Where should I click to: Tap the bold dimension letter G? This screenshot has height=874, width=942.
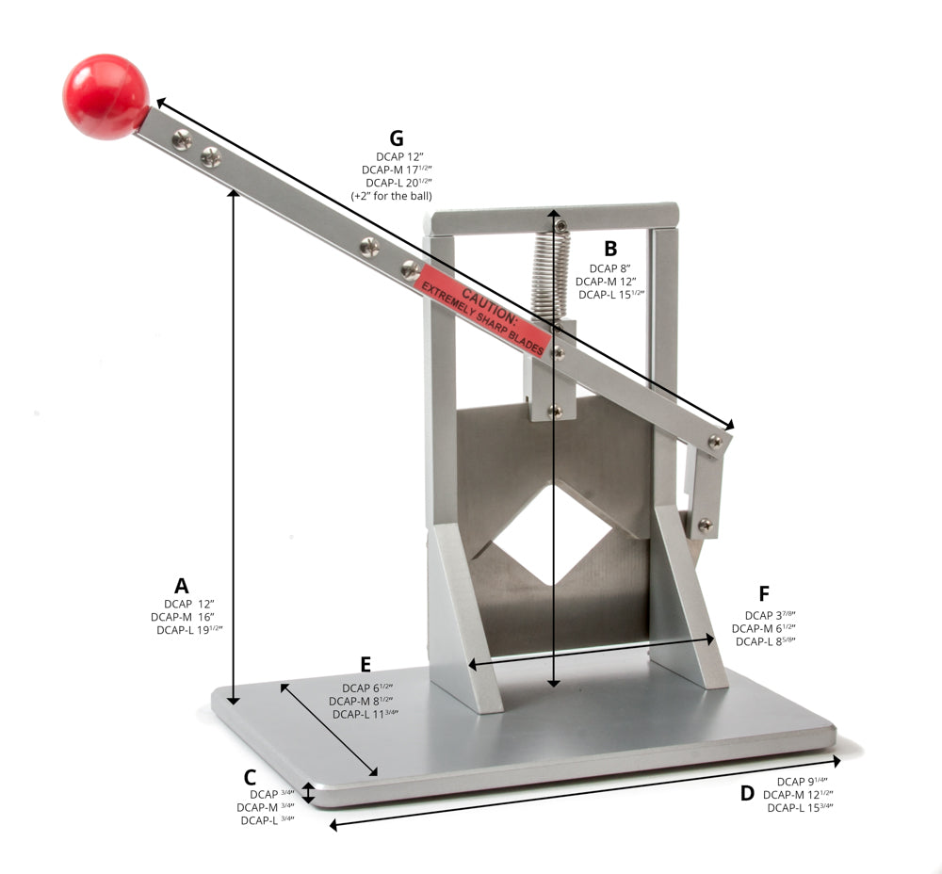[x=409, y=138]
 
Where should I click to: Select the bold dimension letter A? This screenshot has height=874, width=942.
[x=181, y=585]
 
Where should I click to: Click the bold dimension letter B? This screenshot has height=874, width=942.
[x=610, y=249]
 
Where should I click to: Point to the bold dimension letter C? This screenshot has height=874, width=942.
[x=250, y=777]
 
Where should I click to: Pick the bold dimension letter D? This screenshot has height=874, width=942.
[x=747, y=793]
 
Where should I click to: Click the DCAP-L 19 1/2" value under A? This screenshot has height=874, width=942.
[x=189, y=630]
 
